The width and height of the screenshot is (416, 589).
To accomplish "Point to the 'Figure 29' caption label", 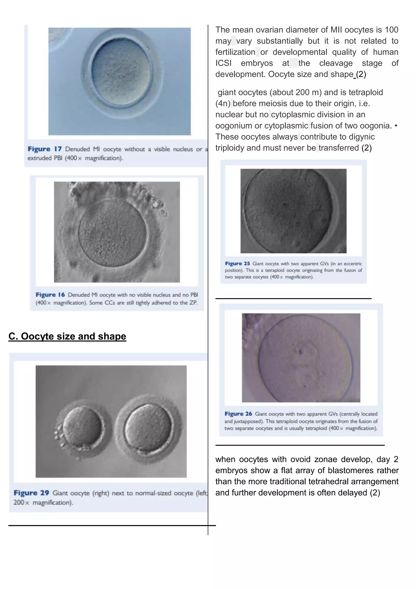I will [x=31, y=493].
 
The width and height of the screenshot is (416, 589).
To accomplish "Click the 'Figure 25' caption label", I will [x=237, y=263].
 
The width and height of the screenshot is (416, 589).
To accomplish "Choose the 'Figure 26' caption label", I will [x=238, y=414].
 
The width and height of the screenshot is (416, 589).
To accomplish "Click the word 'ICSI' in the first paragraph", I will [x=223, y=63].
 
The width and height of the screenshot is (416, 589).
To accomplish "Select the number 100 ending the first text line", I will [x=391, y=30].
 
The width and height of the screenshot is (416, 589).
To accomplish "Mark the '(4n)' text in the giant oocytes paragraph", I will [x=223, y=103].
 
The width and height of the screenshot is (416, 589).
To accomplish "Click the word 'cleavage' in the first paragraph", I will [x=336, y=63].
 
